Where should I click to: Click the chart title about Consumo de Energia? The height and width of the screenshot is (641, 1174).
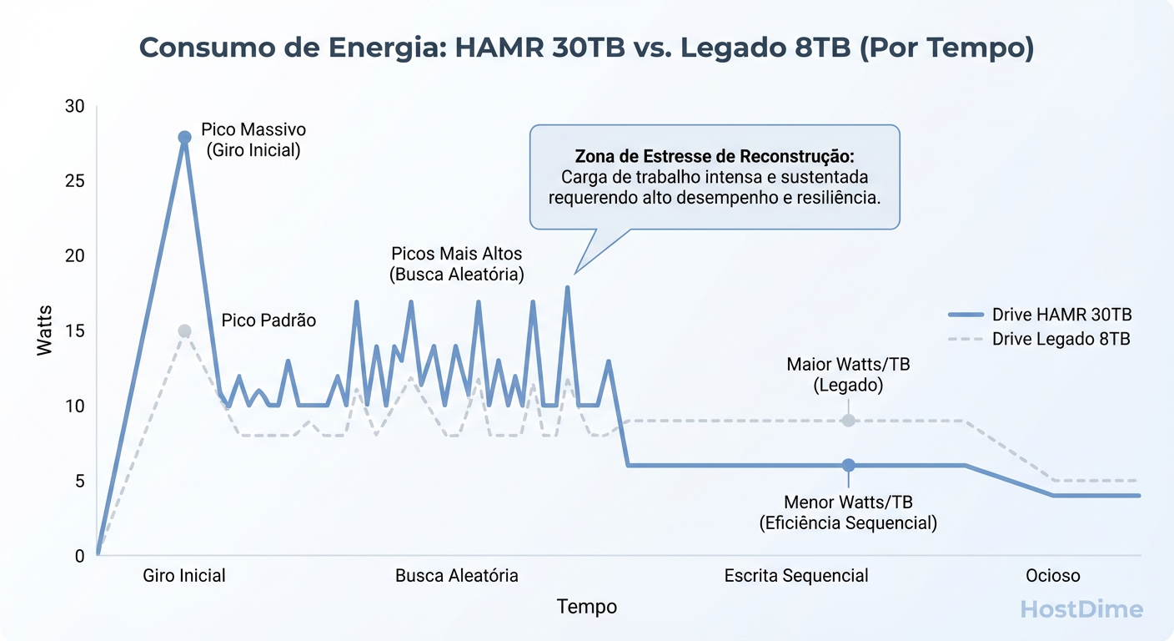point(586,48)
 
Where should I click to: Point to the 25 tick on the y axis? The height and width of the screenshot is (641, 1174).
point(75,181)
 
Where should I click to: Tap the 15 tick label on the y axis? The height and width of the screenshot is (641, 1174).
point(75,331)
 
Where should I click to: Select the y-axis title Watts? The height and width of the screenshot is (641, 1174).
point(45,331)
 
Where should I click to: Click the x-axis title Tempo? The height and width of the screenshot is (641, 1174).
point(587,607)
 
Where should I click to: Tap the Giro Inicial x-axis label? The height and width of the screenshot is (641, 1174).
point(184,576)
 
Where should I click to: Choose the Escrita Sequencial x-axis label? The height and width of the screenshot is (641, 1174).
point(796,576)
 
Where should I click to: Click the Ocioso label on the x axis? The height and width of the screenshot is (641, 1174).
point(1052,576)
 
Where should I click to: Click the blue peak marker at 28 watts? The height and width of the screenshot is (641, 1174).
point(185,137)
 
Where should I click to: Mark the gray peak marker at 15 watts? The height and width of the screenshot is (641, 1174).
point(185,331)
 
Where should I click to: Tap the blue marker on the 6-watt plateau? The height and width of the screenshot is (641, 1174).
point(848,465)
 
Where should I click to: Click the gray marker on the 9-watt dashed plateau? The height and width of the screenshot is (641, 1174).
point(848,420)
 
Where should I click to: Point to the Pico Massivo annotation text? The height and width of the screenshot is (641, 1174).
point(253,140)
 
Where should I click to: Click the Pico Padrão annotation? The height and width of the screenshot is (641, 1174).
point(268,320)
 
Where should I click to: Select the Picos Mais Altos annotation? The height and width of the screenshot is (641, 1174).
point(457,264)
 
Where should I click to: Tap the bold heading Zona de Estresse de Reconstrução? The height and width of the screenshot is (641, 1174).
point(715,157)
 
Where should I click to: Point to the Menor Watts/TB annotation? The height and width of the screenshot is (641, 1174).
point(848,512)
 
